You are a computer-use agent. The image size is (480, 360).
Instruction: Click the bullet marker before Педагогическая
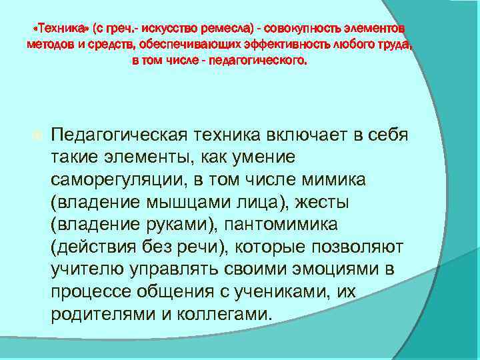37,136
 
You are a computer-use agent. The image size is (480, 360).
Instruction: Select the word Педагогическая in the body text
121,136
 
